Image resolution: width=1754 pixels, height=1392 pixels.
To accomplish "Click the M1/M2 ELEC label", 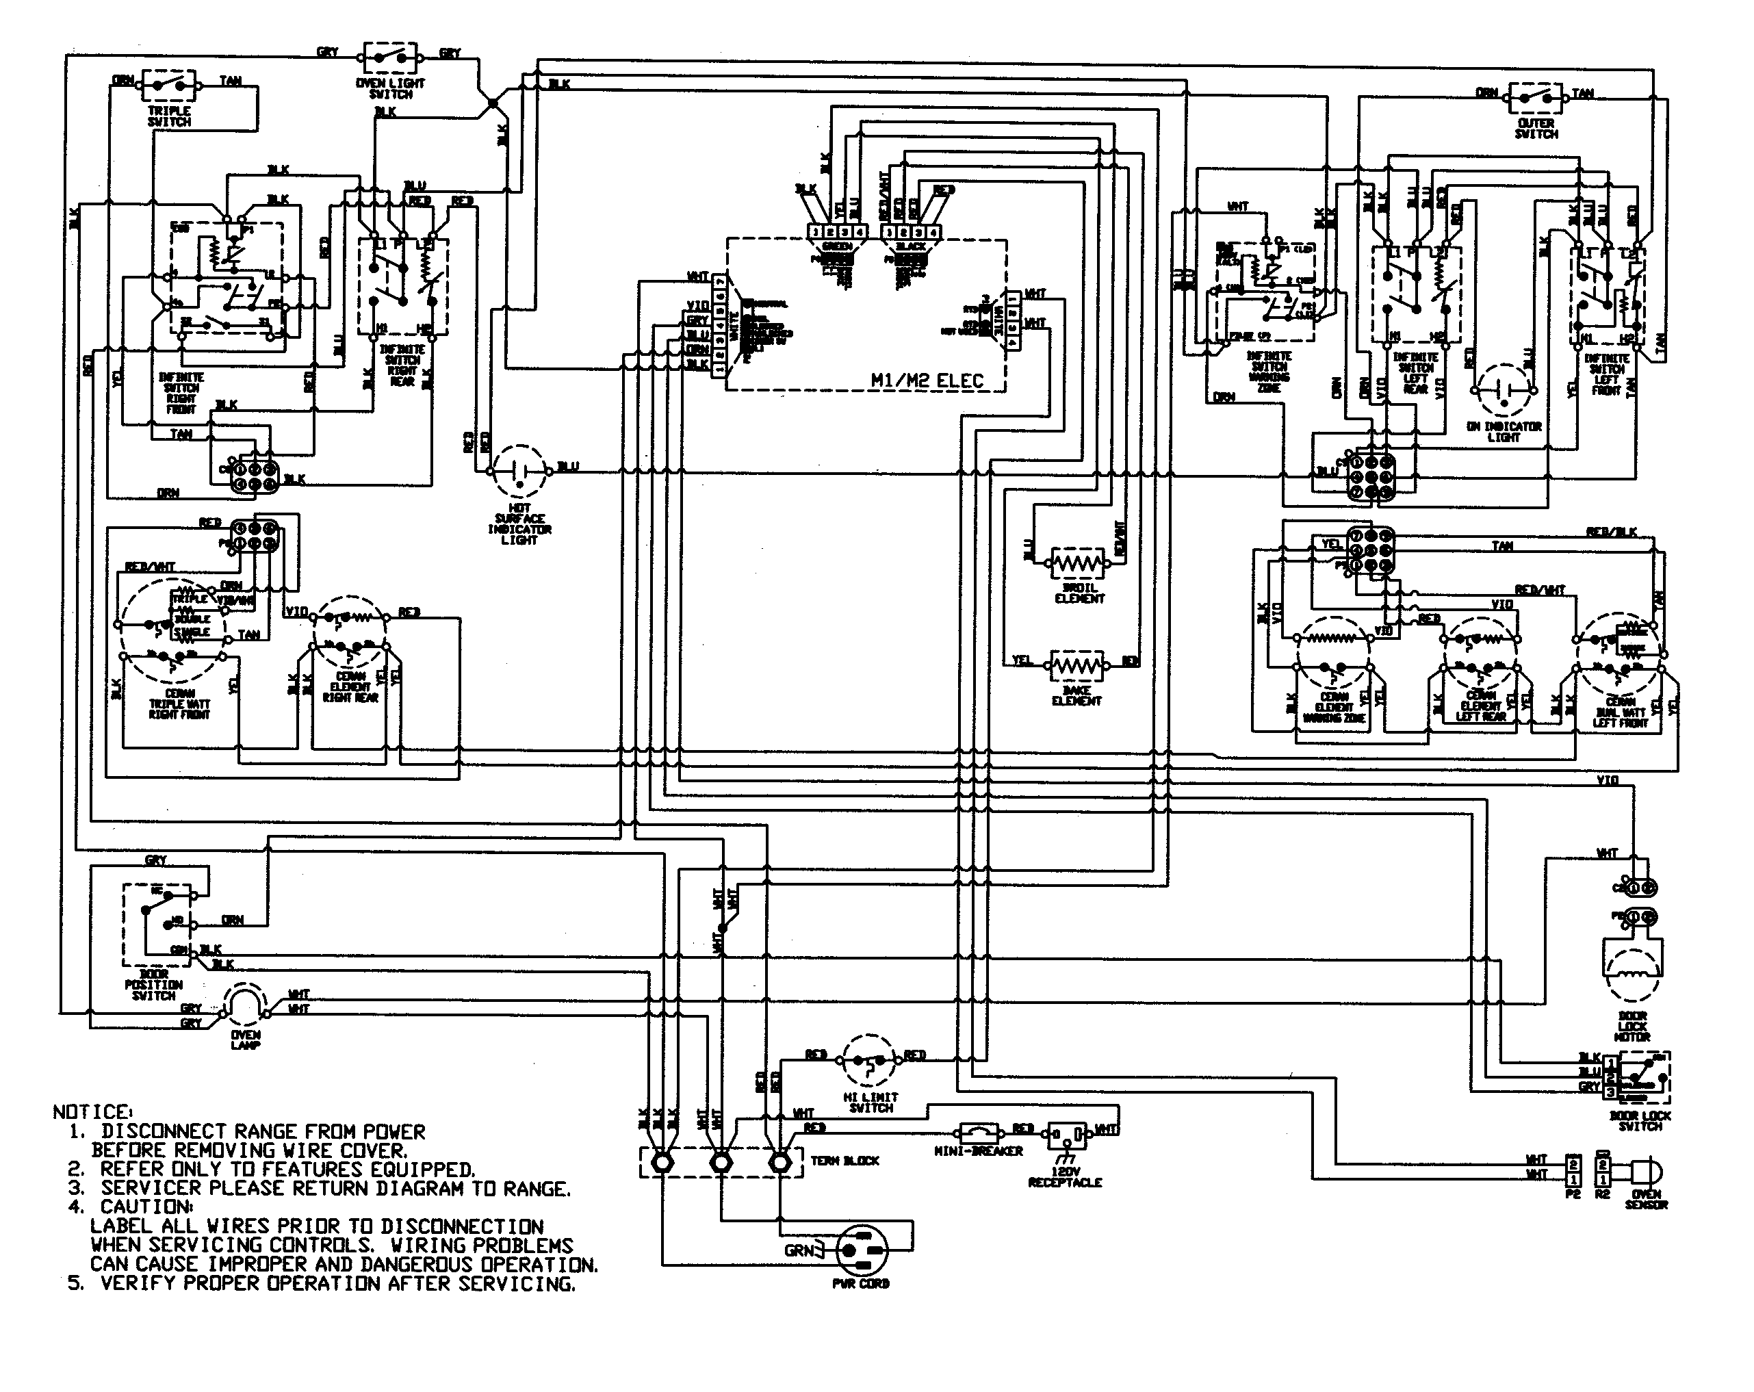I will coord(927,381).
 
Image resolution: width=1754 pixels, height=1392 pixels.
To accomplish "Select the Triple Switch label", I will coord(169,116).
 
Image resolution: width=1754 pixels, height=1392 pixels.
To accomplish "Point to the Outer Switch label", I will coord(1536,129).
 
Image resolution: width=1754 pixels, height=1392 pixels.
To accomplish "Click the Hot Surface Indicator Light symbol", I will coord(519,471).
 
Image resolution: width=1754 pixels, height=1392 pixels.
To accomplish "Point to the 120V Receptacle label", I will coord(1064,1176).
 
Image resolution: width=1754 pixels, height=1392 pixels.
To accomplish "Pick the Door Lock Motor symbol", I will coord(1631,972).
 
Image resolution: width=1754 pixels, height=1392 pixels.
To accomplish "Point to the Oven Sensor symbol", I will coord(1646,1172).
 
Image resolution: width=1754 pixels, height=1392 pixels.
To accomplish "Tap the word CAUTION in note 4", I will coord(146,1207).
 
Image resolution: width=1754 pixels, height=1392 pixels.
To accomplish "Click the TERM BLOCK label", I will coord(844,1161).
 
